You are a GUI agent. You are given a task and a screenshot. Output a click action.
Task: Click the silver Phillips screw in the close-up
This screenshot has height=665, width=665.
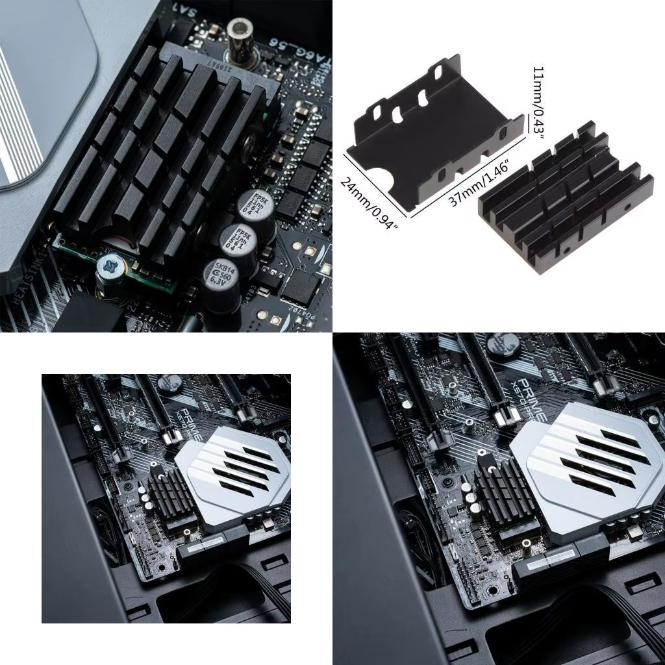pyautogui.click(x=110, y=266)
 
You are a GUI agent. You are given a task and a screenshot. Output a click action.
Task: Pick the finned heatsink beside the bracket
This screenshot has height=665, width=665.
pyautogui.click(x=565, y=198)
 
